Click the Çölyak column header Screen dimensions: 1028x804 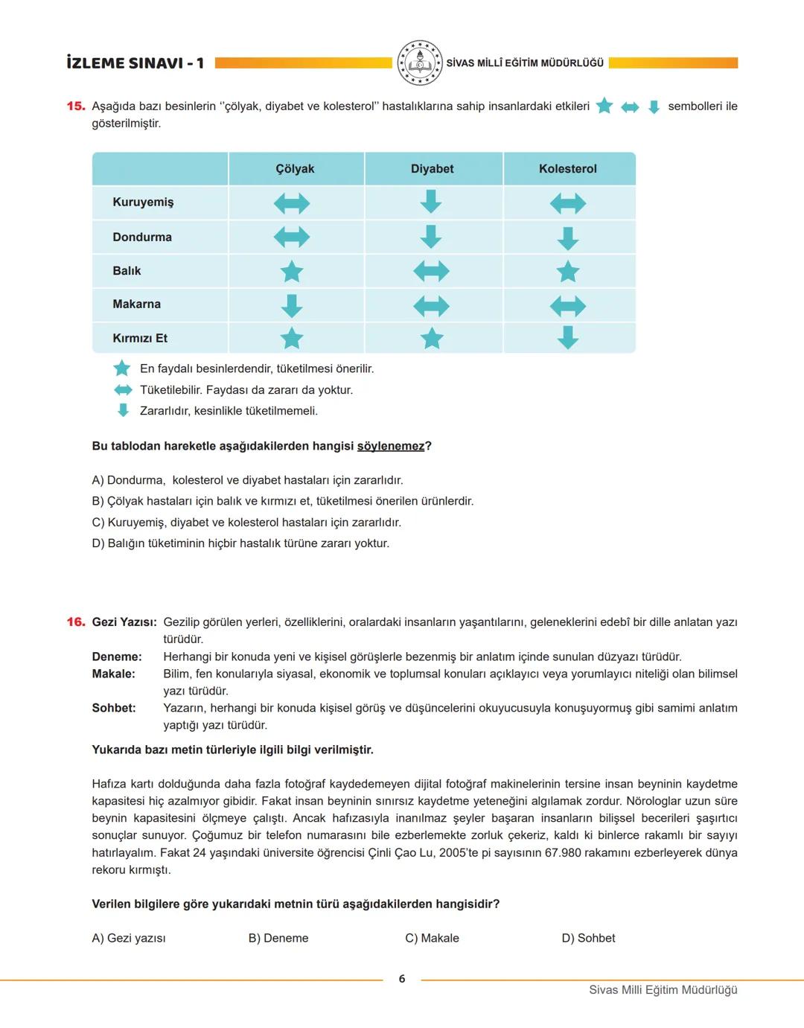pos(295,169)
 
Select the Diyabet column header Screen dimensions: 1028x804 pos(432,169)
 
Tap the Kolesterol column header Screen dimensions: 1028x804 pos(567,169)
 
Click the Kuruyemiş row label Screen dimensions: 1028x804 pos(143,202)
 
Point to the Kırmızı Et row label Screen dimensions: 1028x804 pos(140,338)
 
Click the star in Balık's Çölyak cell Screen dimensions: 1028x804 pos(292,272)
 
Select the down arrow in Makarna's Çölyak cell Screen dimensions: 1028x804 pos(292,305)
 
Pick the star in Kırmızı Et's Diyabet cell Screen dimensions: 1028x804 pos(432,339)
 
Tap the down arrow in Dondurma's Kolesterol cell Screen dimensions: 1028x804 pos(568,238)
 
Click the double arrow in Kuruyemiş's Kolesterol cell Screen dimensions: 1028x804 pos(568,203)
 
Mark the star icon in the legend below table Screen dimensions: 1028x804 pos(121,368)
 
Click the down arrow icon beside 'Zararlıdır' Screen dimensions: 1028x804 pos(123,410)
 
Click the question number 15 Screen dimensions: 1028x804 pos(76,106)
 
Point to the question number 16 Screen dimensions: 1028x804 pos(76,622)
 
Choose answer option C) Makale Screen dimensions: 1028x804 pos(432,938)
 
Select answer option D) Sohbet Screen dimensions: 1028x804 pos(588,938)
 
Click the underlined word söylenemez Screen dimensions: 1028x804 pos(391,446)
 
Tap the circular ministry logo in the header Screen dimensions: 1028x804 pos(419,63)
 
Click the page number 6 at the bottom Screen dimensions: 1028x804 pos(402,979)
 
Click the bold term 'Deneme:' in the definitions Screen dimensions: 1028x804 pos(117,657)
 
